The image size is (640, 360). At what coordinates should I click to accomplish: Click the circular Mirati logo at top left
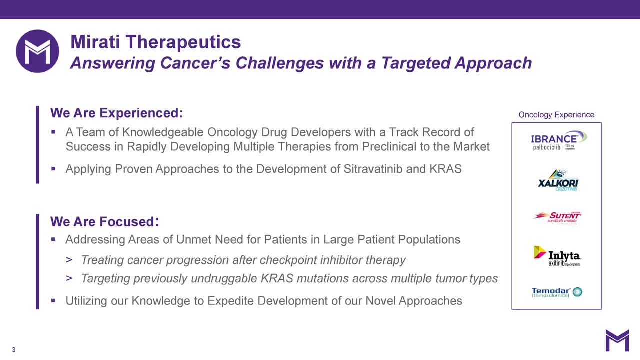[37, 51]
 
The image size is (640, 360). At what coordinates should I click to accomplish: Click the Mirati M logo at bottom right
[617, 340]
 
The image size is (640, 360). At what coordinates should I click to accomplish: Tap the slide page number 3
[14, 350]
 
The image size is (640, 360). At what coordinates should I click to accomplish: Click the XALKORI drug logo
[558, 180]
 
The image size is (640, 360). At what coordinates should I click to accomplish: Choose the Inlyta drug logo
[557, 256]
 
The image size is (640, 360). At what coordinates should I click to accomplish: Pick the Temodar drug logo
[556, 292]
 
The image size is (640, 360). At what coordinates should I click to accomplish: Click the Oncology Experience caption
[556, 115]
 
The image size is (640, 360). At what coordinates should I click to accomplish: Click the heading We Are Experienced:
[116, 113]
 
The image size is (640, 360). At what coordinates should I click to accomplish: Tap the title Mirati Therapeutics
[155, 42]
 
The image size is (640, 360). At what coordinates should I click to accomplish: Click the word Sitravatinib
[373, 169]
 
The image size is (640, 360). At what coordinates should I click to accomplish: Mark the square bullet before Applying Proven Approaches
[53, 169]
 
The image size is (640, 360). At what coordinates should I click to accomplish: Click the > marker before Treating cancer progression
[69, 260]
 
